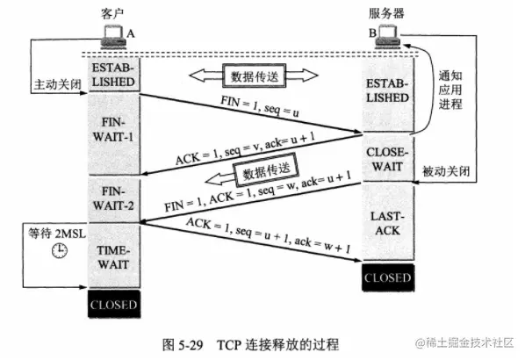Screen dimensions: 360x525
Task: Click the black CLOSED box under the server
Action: [x=387, y=277]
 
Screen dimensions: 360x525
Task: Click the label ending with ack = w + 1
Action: [x=262, y=237]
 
